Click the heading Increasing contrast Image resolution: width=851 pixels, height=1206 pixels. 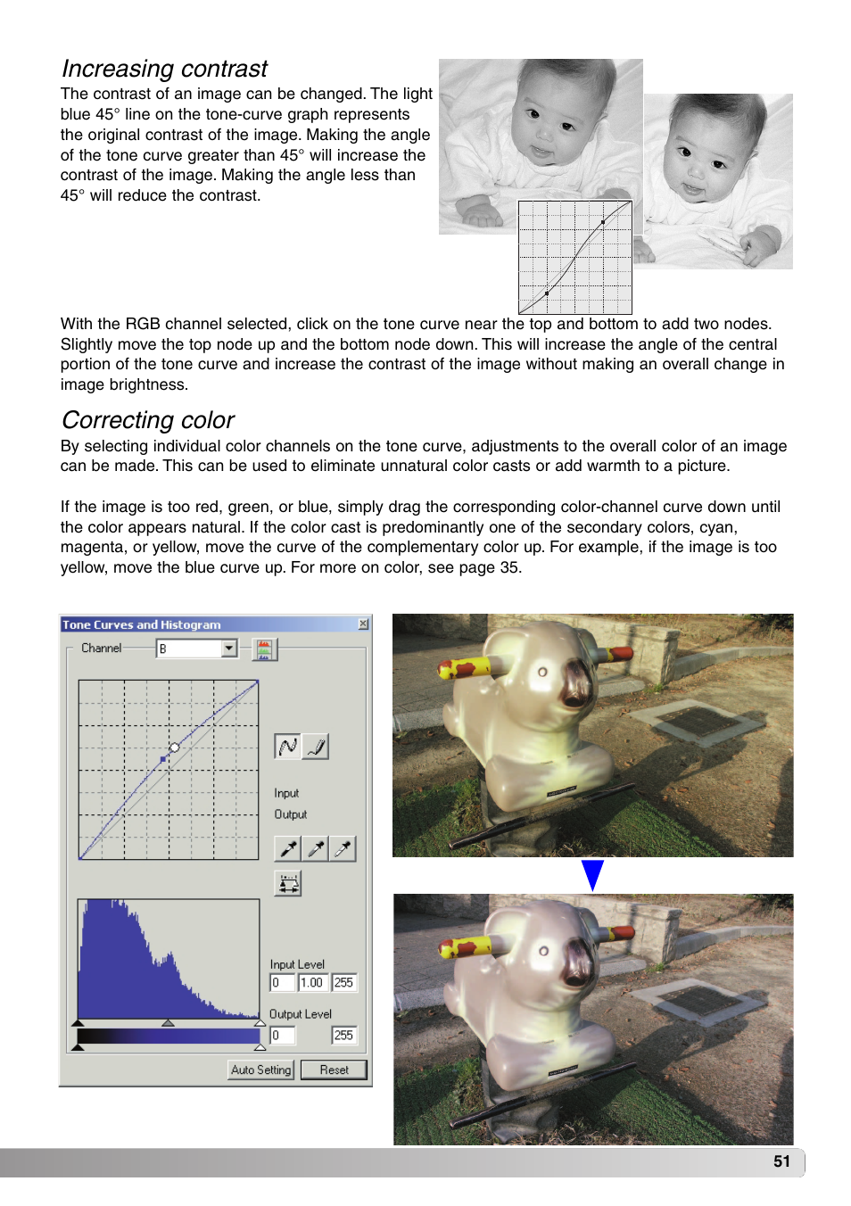[164, 69]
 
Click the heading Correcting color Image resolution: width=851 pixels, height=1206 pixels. [148, 420]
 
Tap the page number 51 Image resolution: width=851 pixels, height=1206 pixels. [781, 1161]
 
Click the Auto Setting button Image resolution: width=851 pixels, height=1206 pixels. [260, 1070]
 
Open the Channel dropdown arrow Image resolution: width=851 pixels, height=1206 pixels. [229, 648]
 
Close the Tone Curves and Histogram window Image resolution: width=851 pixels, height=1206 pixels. [363, 624]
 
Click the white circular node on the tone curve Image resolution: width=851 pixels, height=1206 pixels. [175, 748]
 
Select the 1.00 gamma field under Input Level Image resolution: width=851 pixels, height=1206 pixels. [311, 982]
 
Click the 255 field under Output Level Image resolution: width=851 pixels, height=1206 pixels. [343, 1035]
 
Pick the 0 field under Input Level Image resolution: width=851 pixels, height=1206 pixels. [282, 982]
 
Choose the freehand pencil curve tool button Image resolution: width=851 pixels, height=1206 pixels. [316, 747]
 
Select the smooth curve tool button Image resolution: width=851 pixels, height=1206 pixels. [287, 747]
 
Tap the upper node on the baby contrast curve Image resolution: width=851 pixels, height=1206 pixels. [603, 222]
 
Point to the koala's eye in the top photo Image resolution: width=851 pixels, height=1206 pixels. [541, 672]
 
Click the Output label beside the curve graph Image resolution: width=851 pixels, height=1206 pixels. [290, 814]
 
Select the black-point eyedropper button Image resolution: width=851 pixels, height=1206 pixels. [287, 848]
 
